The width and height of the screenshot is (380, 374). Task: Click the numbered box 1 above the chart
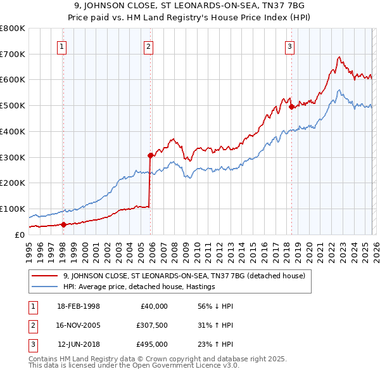(x=63, y=46)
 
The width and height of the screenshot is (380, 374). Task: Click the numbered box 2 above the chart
(x=148, y=46)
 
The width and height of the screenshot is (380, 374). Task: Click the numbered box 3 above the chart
(x=289, y=46)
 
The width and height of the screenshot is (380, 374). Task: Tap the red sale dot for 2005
(x=150, y=155)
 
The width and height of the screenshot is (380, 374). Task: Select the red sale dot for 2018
(x=291, y=106)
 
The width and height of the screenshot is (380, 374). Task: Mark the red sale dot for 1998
(x=63, y=224)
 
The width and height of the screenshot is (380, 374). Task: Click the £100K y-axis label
(x=12, y=209)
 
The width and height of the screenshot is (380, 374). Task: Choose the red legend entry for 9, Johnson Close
(x=184, y=276)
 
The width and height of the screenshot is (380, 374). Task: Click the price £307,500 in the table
(x=152, y=325)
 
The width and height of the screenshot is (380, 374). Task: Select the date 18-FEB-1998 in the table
(x=79, y=306)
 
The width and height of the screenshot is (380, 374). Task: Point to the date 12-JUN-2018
(x=79, y=344)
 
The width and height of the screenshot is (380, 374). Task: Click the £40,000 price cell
(x=154, y=306)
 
